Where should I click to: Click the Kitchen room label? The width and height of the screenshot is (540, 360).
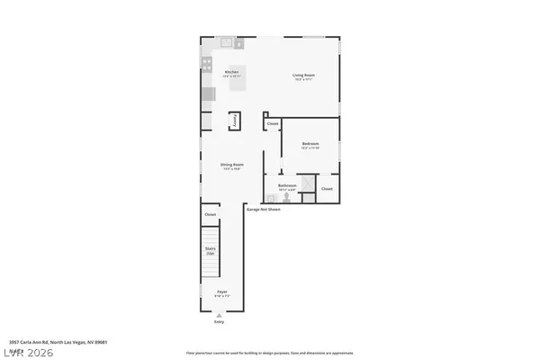(x=231, y=72)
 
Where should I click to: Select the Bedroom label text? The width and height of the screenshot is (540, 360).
(x=310, y=144)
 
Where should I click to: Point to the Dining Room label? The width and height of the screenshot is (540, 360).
(x=232, y=165)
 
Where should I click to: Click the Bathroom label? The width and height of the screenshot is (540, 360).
(x=287, y=186)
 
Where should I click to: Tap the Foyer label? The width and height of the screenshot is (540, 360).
(x=222, y=292)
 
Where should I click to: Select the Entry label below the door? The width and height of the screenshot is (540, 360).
(x=219, y=320)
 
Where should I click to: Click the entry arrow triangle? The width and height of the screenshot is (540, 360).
(x=219, y=313)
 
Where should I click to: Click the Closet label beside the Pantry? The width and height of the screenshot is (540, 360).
(x=273, y=123)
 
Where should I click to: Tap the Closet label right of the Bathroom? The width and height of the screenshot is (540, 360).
(x=327, y=189)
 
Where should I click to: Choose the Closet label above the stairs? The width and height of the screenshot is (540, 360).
(x=211, y=215)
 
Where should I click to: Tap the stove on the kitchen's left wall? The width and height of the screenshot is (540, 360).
(x=206, y=65)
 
